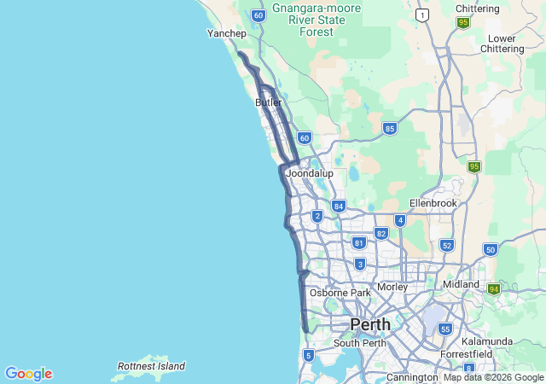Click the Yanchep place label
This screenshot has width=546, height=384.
coord(227,34)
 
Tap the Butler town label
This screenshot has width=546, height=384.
coord(268,102)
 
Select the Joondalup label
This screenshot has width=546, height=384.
coord(309,173)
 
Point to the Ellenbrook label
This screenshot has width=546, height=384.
coord(433,203)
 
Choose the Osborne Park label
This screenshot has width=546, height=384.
coord(340,293)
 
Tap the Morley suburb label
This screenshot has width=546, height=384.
coord(392,287)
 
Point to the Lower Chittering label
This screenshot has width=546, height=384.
coord(507,44)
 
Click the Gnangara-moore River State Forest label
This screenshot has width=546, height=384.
coord(317,20)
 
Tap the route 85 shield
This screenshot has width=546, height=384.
coord(390,129)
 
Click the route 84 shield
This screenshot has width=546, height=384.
coord(339,206)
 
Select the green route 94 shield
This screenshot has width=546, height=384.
coord(494,289)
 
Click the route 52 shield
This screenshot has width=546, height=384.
coord(446,245)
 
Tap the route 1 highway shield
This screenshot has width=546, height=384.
coord(421,15)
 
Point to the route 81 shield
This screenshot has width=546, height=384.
coord(359,242)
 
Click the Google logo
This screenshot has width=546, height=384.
coord(28,374)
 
